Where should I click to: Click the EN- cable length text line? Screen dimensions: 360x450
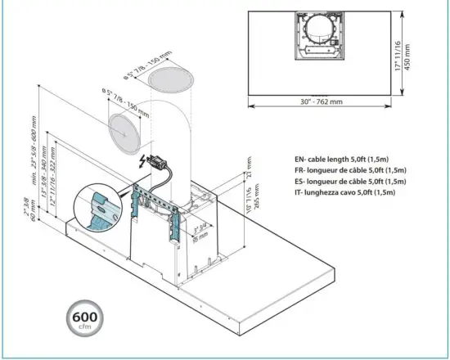[351, 160]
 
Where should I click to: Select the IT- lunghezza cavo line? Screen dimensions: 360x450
[351, 192]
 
